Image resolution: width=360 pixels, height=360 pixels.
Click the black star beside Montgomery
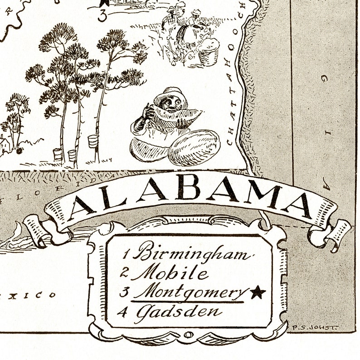point(258,293)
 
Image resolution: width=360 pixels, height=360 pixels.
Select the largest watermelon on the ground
point(194,147)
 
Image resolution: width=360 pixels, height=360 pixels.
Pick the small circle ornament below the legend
point(188,336)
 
